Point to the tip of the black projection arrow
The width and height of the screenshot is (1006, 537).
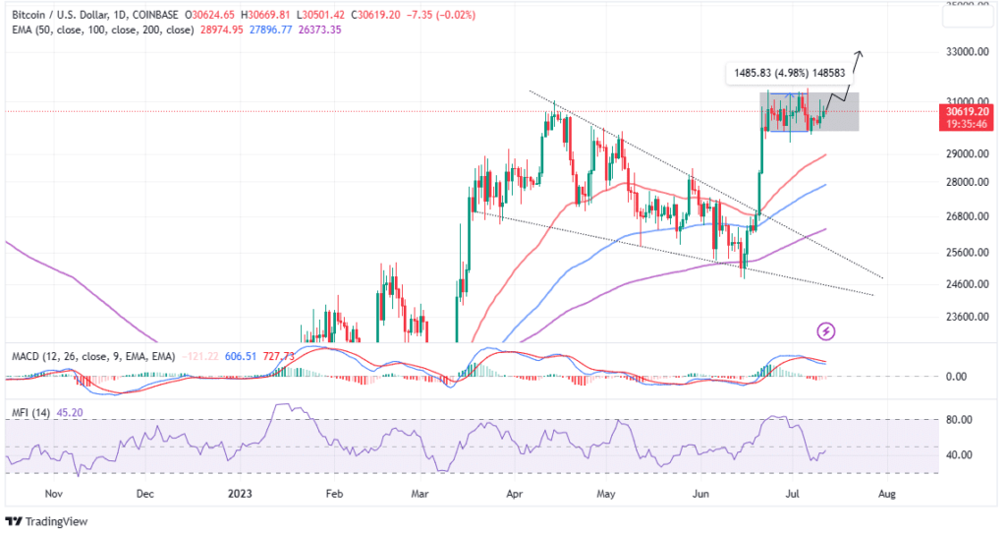click(862, 51)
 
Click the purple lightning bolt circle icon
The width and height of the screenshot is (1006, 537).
click(826, 332)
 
